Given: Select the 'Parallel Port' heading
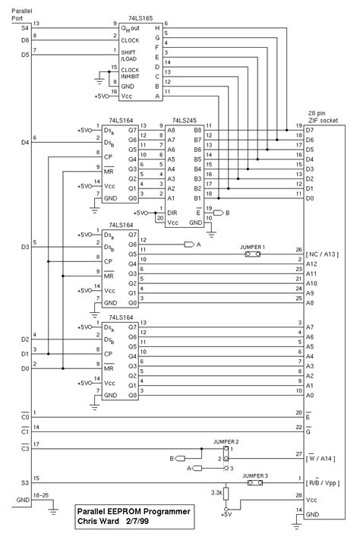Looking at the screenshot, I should [24, 10].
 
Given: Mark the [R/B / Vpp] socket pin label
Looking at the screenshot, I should [325, 482].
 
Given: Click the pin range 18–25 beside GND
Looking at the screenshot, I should [38, 494].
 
